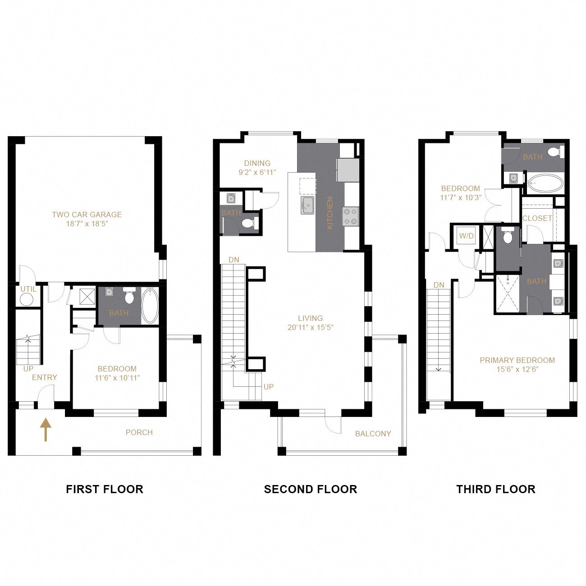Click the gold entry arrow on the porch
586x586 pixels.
tap(46, 430)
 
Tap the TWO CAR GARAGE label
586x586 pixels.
tap(87, 215)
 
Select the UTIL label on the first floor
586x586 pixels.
tap(28, 289)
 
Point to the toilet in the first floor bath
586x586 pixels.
tap(129, 297)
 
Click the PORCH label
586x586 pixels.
tap(139, 432)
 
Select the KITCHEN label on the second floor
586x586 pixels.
tap(330, 212)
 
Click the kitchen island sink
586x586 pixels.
tap(308, 205)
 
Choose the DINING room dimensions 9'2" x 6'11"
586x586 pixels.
tap(257, 172)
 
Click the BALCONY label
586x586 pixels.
tap(373, 434)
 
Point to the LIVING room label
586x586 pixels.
tap(310, 318)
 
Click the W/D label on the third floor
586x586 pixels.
tap(466, 236)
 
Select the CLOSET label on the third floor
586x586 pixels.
tap(537, 218)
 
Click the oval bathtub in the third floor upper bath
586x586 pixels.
tap(545, 183)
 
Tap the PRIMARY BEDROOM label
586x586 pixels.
tap(517, 360)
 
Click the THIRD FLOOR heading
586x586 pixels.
tap(495, 489)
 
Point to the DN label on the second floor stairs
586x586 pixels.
tap(233, 260)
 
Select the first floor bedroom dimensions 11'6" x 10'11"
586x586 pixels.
tap(117, 378)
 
